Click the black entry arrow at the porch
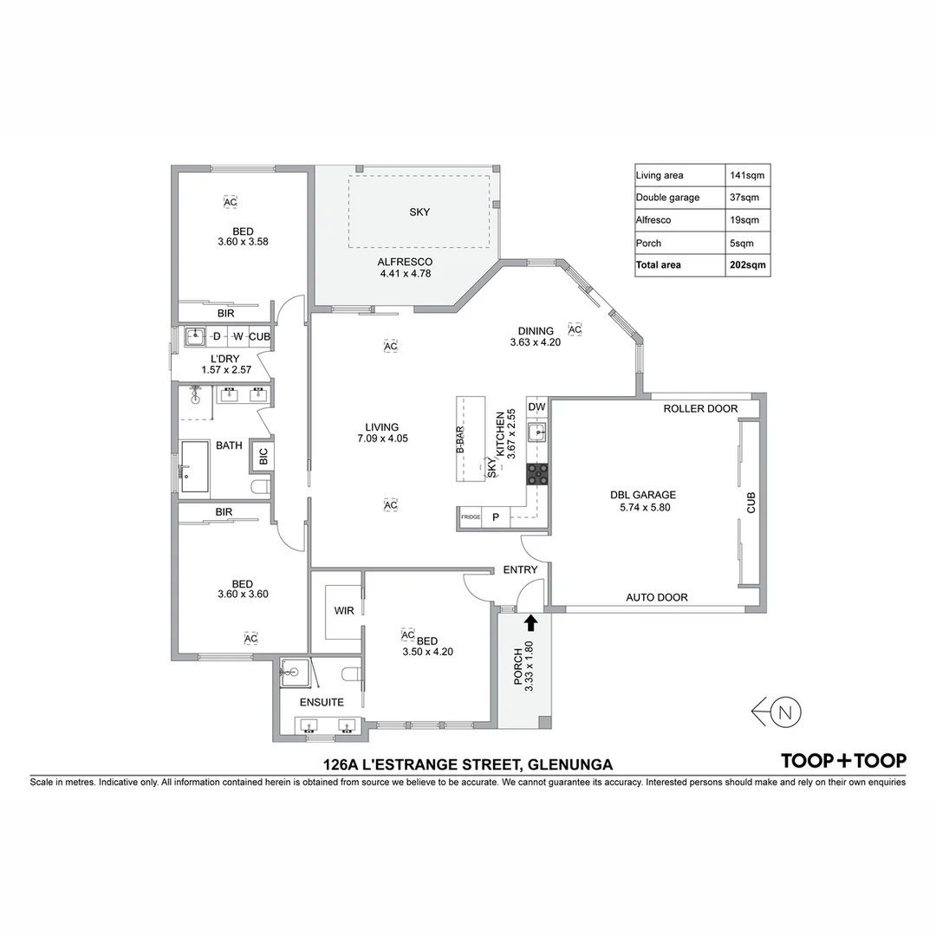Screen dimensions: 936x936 click(530, 621)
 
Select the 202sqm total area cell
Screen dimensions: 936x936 click(748, 265)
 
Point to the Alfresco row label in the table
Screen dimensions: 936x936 click(653, 220)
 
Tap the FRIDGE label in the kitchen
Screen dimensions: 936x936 click(471, 517)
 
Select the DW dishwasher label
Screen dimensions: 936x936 click(536, 406)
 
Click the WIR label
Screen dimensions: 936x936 click(344, 610)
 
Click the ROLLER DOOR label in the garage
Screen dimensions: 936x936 click(700, 409)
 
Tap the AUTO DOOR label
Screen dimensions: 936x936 click(657, 597)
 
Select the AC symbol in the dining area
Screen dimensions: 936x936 click(574, 329)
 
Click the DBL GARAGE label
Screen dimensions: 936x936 click(642, 496)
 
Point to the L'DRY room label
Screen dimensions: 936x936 click(224, 359)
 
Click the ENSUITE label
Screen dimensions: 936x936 click(322, 702)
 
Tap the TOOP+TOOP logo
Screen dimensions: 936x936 click(843, 761)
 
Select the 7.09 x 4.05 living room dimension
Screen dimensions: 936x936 click(382, 439)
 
